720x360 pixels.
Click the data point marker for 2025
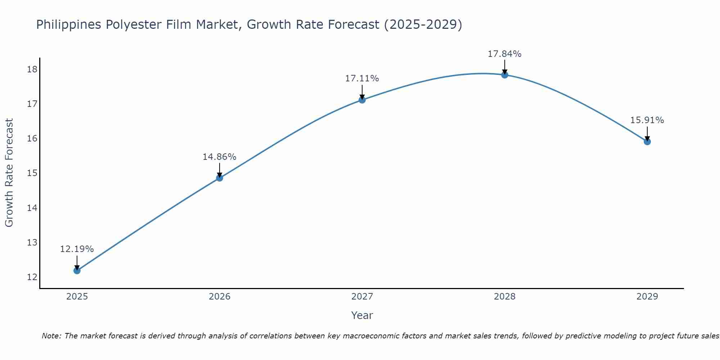77,270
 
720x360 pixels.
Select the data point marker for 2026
220,178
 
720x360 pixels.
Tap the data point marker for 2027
362,100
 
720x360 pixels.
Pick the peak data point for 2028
505,75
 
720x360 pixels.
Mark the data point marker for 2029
647,141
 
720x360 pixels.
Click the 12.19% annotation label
77,249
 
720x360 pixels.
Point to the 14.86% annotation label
220,157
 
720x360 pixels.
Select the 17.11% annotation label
362,78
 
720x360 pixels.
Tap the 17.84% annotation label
505,54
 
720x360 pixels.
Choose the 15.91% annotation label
647,120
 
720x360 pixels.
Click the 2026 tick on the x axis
220,297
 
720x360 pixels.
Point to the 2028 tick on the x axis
505,297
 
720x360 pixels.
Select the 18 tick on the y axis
32,69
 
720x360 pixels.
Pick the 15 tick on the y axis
32,173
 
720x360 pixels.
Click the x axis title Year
362,315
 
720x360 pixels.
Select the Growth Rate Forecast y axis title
9,173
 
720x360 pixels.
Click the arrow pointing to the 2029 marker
647,134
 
